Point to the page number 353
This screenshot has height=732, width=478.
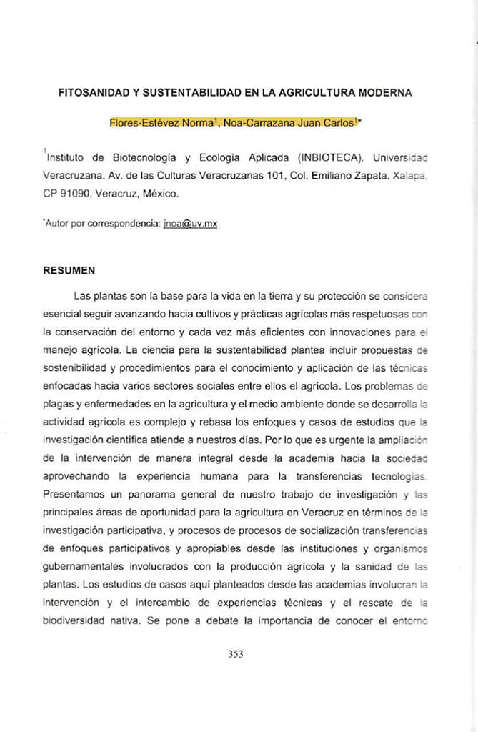[x=236, y=653]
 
